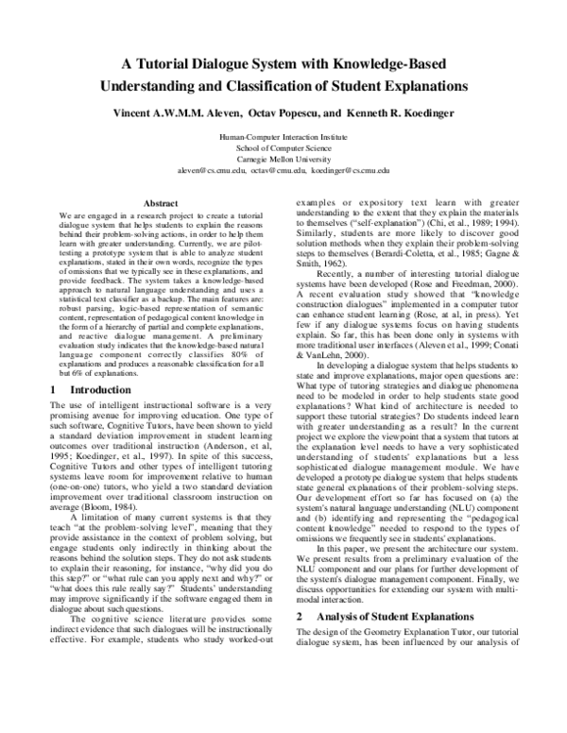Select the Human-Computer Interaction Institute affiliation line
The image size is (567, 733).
[x=283, y=138]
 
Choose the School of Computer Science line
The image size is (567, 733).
[x=283, y=148]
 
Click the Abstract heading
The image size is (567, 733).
[x=161, y=203]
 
